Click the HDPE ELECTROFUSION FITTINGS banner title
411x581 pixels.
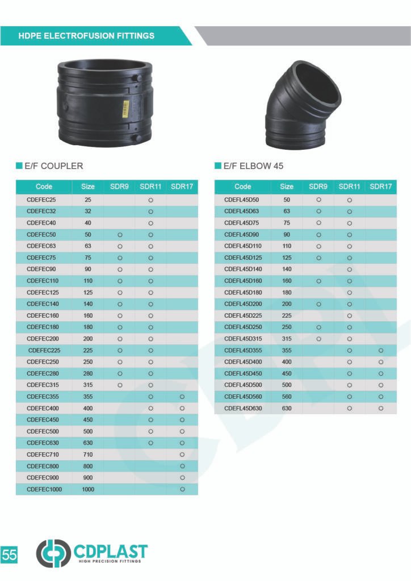[x=86, y=36]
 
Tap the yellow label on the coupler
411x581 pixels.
[x=126, y=108]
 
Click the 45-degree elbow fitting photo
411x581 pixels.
[x=302, y=105]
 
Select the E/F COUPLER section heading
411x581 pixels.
[x=54, y=166]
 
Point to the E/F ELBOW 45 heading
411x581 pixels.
[x=253, y=166]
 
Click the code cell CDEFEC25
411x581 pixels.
[x=41, y=200]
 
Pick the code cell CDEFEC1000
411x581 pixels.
[x=44, y=489]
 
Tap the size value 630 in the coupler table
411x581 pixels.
[x=88, y=443]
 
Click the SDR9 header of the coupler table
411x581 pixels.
[x=119, y=186]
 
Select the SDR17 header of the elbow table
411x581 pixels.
[x=380, y=186]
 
